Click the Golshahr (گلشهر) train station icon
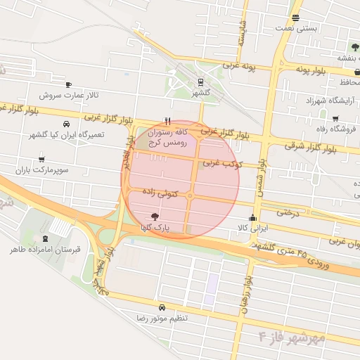click(201, 81)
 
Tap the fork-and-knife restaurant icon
click(167, 121)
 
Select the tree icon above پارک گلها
click(155, 217)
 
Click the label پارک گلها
click(155, 229)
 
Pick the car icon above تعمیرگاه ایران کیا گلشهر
click(67, 123)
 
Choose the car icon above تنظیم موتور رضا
click(162, 307)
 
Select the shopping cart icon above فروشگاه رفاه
click(335, 118)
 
